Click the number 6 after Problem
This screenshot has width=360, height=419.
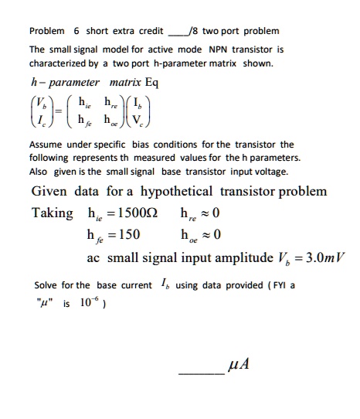tap(76, 32)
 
